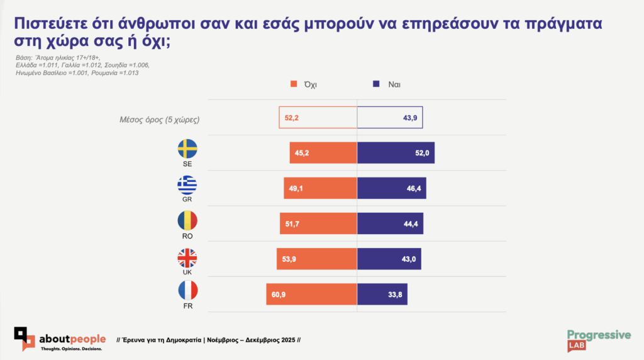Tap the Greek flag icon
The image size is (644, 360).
(187, 184)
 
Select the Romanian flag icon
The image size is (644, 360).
(187, 220)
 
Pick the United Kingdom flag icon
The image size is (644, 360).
(187, 257)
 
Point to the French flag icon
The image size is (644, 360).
(187, 290)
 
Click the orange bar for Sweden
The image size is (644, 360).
(323, 153)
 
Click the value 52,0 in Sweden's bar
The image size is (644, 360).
(421, 153)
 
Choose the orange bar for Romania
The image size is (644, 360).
(318, 223)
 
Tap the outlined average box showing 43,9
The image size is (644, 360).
(390, 118)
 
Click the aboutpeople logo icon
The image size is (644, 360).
(25, 338)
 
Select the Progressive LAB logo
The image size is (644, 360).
(598, 339)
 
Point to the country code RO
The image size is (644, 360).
(187, 236)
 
